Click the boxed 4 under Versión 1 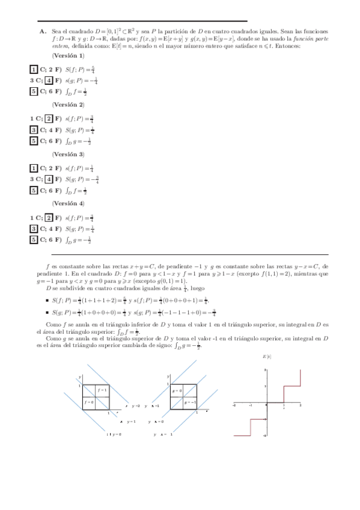coord(50,81)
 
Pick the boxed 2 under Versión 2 coord(50,118)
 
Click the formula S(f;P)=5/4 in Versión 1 coord(80,69)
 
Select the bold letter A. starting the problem coord(43,30)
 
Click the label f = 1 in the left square coord(102,390)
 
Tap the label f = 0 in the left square coord(89,401)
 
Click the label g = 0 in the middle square coord(177,390)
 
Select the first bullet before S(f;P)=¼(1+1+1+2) coord(47,300)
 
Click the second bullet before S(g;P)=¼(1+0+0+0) coord(47,313)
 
